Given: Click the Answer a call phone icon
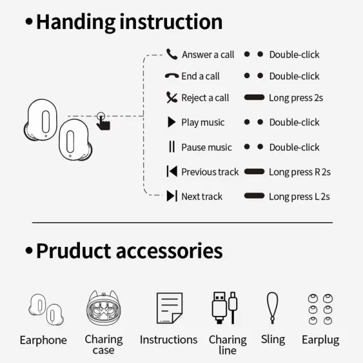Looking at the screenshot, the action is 172,54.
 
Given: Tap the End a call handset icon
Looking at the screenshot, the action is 172,76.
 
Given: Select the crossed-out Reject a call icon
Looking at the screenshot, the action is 172,97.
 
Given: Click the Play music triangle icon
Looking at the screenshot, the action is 172,122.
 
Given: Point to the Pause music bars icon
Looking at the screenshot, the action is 172,146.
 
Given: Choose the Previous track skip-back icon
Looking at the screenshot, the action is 172,171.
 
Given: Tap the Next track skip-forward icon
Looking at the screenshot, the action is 172,196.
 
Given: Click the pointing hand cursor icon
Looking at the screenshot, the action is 103,122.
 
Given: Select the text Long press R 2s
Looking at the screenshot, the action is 299,172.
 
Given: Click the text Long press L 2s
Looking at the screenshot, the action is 299,197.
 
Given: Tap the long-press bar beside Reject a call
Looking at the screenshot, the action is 254,97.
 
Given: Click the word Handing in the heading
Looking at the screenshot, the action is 76,22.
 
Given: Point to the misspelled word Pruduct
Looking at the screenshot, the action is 73,250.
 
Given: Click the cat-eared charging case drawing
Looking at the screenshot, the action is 103,307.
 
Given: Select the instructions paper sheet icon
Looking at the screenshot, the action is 169,308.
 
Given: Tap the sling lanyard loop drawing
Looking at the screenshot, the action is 272,308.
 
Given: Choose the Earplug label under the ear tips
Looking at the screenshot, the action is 321,340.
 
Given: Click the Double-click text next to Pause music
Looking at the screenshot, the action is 294,147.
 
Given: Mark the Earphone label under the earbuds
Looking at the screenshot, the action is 44,340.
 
